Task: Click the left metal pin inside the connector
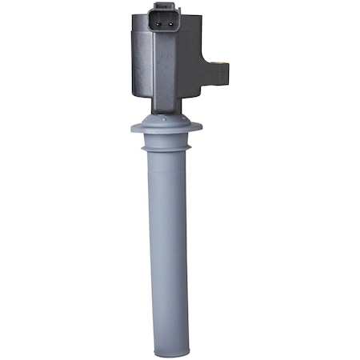pos(160,23)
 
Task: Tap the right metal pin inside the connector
pos(170,23)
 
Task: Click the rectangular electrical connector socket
pos(165,23)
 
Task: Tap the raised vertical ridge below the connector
pos(165,72)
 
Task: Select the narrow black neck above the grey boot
pos(166,109)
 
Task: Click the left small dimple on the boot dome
pos(158,120)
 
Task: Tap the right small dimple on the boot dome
pos(178,120)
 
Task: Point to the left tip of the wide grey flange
pos(132,127)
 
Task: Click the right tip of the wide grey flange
pos(202,127)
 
